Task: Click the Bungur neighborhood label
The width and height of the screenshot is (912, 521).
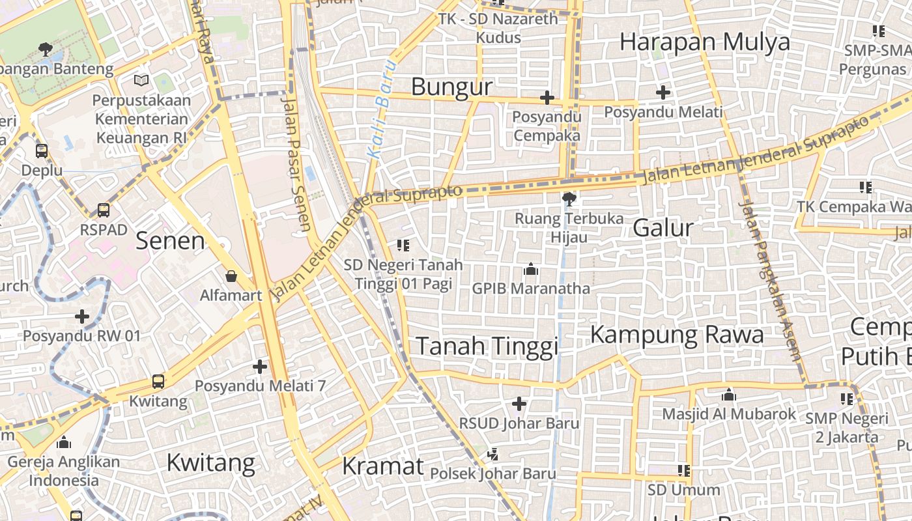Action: (451, 87)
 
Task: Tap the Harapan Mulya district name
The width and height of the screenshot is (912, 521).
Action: (704, 42)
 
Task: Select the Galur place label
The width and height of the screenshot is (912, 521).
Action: (663, 228)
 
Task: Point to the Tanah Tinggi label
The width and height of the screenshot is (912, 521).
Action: (487, 346)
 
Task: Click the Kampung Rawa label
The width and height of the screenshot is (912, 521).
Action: (676, 335)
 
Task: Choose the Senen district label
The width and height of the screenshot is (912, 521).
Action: (170, 241)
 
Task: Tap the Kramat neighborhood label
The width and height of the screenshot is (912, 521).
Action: (382, 466)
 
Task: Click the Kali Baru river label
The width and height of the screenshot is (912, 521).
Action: (381, 109)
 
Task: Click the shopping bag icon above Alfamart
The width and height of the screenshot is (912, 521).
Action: (231, 277)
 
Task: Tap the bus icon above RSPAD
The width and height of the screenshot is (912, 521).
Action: (104, 210)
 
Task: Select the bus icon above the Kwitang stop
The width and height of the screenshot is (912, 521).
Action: (158, 382)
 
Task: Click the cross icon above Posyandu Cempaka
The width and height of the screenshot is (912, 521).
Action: (547, 98)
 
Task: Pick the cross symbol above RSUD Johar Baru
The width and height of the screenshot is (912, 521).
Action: (519, 404)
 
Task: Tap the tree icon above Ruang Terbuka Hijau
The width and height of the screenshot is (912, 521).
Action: (569, 199)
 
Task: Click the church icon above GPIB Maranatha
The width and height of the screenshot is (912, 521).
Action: (530, 269)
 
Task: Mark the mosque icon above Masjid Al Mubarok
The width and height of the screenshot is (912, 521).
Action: (729, 395)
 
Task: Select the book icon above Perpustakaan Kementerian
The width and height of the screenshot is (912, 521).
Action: (141, 81)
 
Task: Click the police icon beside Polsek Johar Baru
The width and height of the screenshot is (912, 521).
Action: (494, 454)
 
